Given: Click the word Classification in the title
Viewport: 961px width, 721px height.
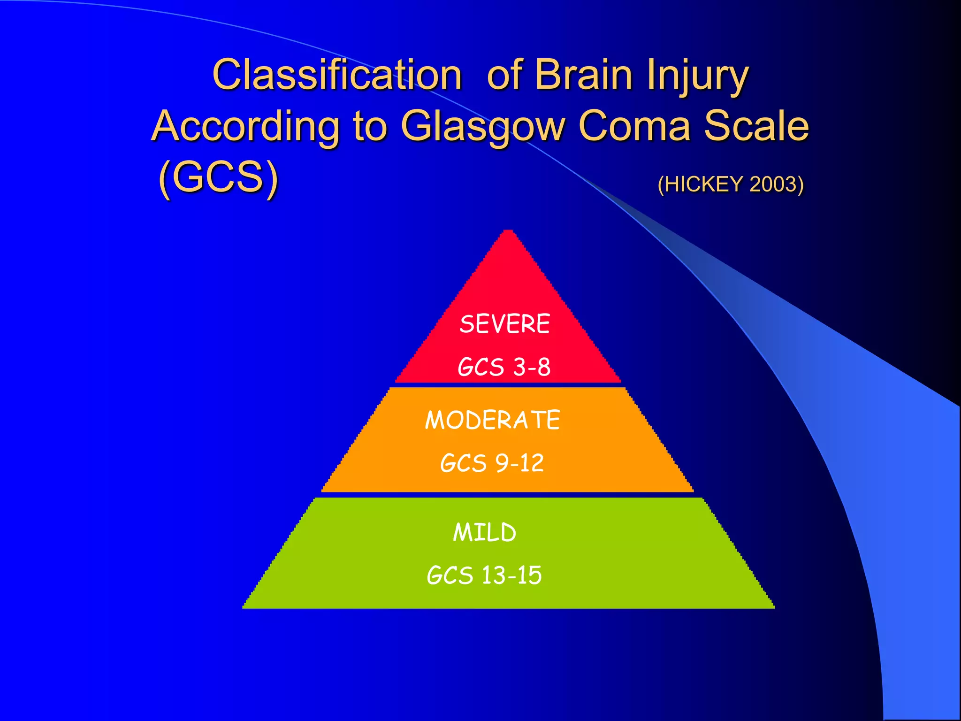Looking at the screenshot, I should click(337, 75).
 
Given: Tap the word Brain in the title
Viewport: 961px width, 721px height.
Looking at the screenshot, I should click(583, 75).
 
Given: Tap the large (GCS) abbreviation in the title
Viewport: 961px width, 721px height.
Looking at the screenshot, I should click(218, 177).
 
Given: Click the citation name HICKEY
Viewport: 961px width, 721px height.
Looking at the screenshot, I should click(703, 184).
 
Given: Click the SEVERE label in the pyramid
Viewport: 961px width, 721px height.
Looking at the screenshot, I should click(504, 324).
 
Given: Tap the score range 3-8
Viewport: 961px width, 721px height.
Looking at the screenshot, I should click(532, 367).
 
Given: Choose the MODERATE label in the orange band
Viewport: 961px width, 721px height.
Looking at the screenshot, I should click(492, 420).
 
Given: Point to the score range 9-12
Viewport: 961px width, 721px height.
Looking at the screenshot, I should click(519, 463).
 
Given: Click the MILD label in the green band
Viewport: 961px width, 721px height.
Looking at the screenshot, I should click(484, 532).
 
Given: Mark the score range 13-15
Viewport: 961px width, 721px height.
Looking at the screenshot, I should click(511, 575).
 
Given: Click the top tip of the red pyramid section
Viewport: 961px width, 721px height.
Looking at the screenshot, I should click(508, 232).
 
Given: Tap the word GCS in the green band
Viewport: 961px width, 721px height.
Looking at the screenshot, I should click(450, 575).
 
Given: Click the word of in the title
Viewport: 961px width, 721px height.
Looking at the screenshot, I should click(504, 75).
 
